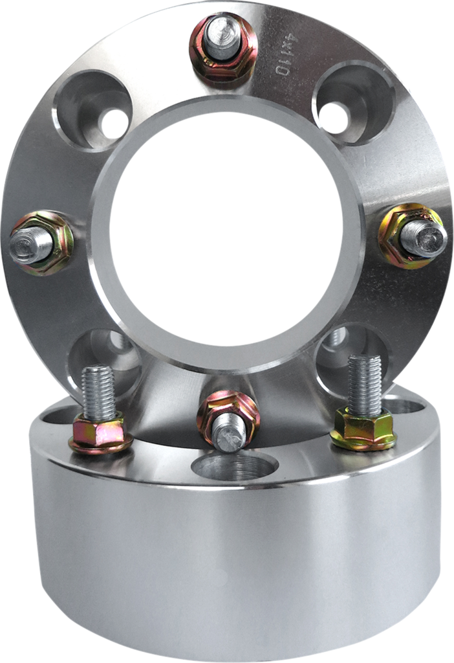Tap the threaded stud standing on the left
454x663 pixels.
pyautogui.click(x=98, y=391)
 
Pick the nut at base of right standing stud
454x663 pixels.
pyautogui.click(x=363, y=428)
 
